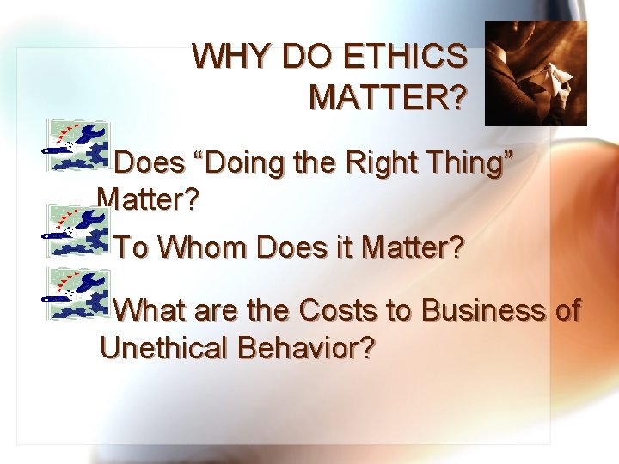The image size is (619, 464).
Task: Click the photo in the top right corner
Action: [x=536, y=73]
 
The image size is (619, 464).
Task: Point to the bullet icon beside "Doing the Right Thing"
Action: [x=76, y=146]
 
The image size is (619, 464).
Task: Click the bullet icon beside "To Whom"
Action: [x=76, y=231]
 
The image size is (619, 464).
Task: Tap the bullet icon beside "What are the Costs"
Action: [x=76, y=293]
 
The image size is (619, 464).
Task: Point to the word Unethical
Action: [x=169, y=349]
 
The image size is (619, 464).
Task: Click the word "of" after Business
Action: [x=567, y=309]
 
